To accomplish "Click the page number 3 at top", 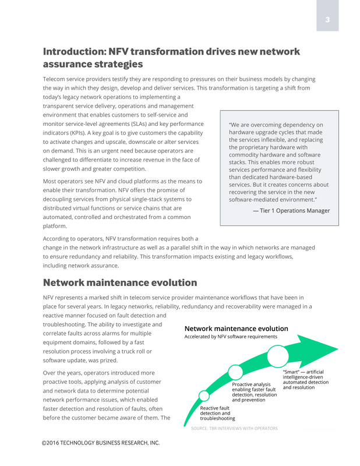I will [327, 20].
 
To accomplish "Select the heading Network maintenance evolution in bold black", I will [120, 283].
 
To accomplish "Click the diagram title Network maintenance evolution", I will [237, 329].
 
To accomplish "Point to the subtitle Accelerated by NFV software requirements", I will [231, 337].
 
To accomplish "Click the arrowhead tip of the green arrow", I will [336, 351].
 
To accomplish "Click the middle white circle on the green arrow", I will [235, 372].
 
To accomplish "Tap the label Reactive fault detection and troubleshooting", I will [218, 413].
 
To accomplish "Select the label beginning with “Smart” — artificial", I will [305, 379].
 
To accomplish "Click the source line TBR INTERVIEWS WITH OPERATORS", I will [235, 429].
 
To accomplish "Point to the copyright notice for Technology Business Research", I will [101, 443].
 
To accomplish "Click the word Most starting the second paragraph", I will [51, 181].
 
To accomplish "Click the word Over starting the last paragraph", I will [50, 373].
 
